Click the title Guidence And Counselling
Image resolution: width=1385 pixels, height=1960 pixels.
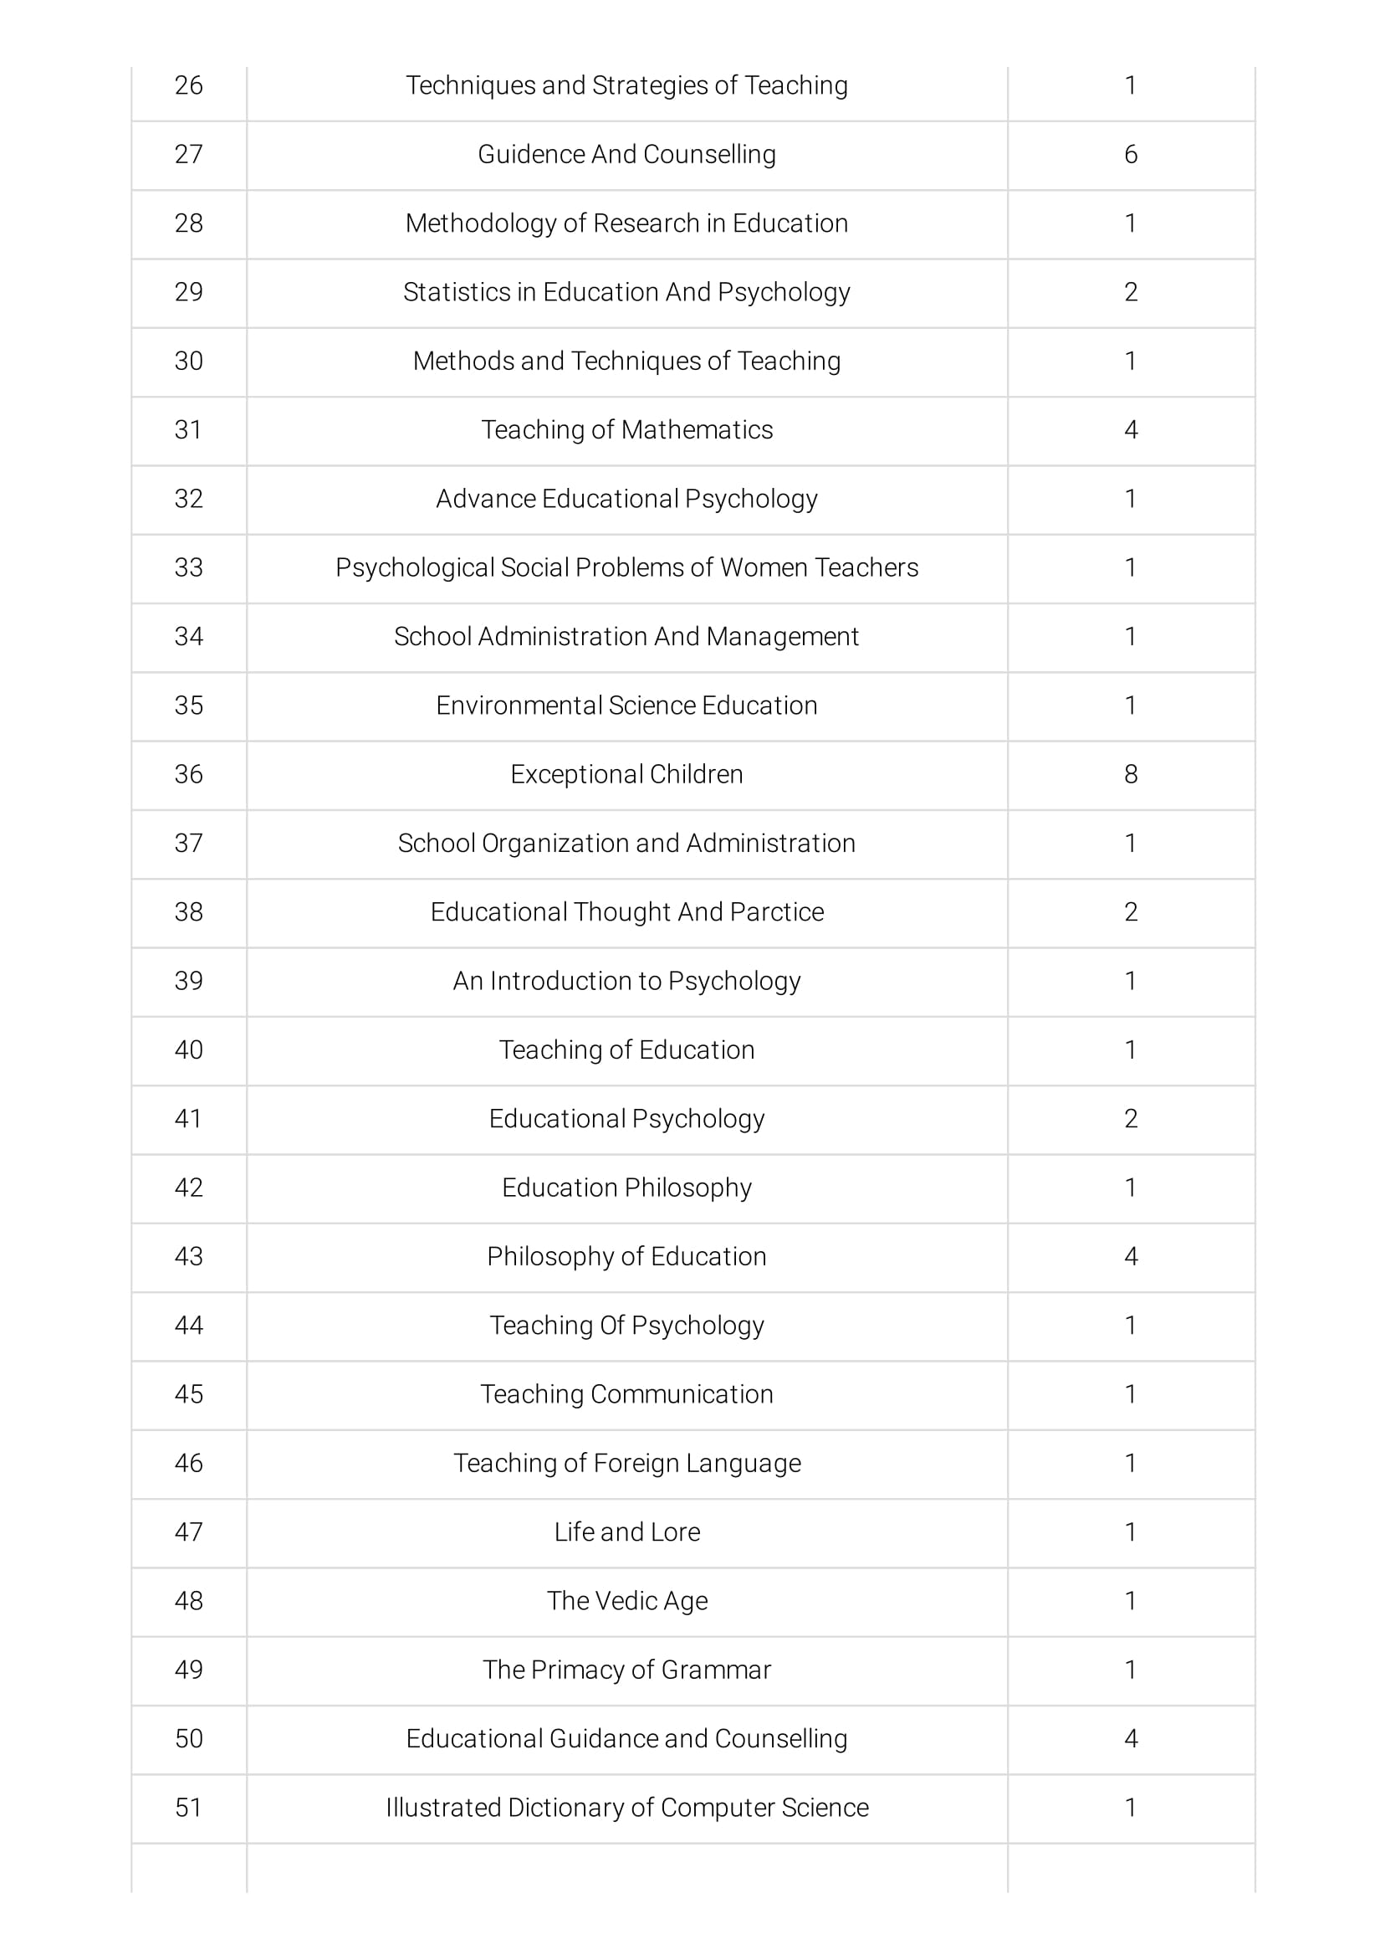(626, 155)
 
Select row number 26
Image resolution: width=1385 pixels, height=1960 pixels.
(188, 85)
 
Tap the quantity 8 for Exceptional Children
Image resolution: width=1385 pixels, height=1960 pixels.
(1131, 774)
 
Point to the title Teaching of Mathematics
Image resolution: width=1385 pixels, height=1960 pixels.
(626, 429)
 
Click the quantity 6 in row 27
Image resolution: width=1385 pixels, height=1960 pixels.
(1131, 155)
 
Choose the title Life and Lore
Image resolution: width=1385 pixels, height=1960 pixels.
(626, 1532)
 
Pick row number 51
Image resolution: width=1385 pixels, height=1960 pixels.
(188, 1807)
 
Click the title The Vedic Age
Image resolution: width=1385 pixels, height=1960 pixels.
(626, 1601)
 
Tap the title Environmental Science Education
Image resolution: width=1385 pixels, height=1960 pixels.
(626, 705)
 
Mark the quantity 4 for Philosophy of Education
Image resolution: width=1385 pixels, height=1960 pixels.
(1131, 1256)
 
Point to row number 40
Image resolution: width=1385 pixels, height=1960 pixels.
(188, 1050)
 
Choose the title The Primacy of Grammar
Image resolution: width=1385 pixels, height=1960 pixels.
(626, 1669)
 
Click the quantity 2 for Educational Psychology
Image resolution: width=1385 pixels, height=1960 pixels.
(1131, 1118)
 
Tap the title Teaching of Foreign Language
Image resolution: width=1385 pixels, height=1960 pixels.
(626, 1463)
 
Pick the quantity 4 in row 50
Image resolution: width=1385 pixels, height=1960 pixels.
(1131, 1738)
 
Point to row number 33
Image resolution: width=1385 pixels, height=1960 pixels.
(188, 567)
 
